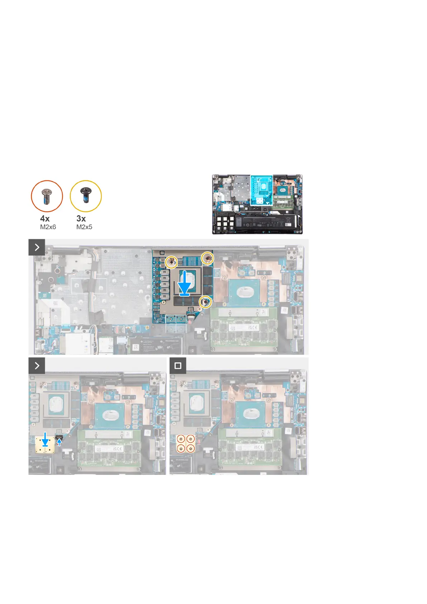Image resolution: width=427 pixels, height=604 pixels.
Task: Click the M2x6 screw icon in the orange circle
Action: coord(47,196)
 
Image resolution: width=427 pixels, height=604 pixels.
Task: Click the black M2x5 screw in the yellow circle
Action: coord(86,196)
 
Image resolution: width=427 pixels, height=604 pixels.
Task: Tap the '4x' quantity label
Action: coord(45,218)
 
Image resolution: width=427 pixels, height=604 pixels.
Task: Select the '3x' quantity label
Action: coord(81,218)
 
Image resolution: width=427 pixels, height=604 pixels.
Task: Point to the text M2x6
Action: coord(48,227)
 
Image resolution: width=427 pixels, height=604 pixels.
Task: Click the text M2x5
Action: coord(84,227)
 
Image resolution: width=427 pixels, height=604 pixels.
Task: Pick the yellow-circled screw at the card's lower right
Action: coord(205,302)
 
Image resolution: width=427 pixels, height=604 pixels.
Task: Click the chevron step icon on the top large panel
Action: coord(37,247)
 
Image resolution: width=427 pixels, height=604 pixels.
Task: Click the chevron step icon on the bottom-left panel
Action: coord(37,366)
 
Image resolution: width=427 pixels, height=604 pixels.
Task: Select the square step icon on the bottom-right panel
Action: coord(178,366)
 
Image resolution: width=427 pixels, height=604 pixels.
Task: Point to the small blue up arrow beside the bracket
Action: coord(59,442)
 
